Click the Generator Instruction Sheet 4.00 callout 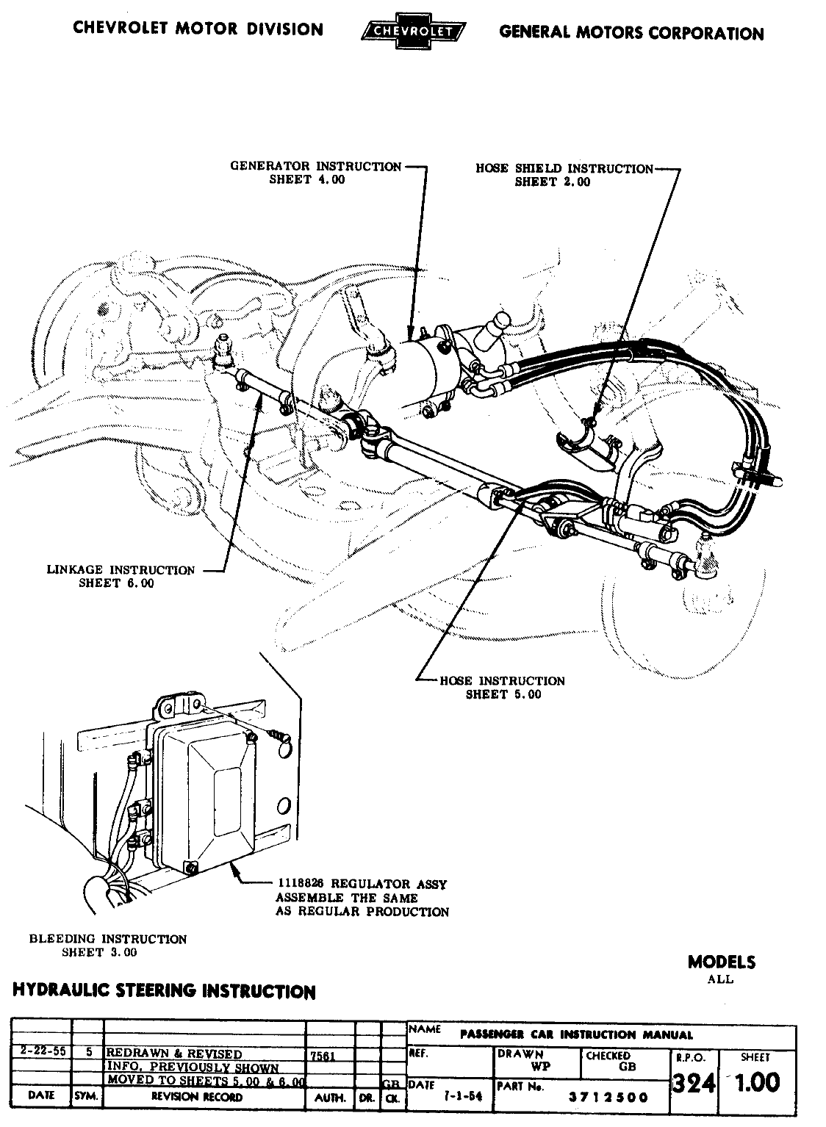pos(316,173)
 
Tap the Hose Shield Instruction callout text pos(564,175)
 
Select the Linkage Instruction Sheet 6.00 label pos(121,577)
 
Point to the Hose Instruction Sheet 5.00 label pos(503,688)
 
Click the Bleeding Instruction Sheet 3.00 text pos(107,946)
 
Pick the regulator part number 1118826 pos(299,884)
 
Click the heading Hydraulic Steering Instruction pos(164,991)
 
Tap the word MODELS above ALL pos(721,962)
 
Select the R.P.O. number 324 pos(693,1083)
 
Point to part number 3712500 pos(608,1098)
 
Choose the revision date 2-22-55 pos(41,1051)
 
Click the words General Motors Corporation pos(631,32)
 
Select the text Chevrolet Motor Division pos(198,29)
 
